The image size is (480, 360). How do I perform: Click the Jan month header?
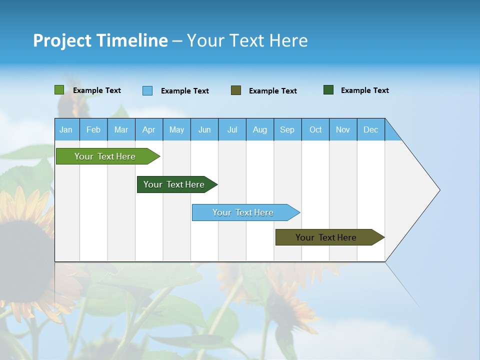66,129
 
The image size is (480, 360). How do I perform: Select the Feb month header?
93,129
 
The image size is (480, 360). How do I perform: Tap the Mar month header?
121,129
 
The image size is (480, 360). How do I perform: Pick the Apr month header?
149,129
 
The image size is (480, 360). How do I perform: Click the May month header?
176,129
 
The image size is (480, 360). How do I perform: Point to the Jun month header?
204,129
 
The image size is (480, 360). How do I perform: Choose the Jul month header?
232,129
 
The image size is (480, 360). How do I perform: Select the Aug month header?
260,129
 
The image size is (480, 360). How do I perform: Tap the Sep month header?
287,129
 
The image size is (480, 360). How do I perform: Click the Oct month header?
315,129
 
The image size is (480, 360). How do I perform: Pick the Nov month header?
343,129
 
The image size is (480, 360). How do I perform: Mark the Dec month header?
371,129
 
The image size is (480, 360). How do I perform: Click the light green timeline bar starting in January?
105,156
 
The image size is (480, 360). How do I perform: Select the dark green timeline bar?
174,184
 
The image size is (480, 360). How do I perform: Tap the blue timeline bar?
243,212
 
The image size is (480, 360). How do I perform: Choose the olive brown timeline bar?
326,237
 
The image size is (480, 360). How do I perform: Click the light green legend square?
59,90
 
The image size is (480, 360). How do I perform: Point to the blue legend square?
147,90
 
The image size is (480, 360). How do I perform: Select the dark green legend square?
328,90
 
